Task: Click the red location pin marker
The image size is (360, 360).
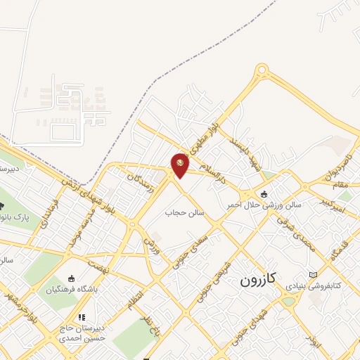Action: [180, 165]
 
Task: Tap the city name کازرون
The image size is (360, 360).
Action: [258, 280]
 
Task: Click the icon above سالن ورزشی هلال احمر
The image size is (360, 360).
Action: [264, 194]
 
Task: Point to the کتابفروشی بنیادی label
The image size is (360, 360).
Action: [335, 286]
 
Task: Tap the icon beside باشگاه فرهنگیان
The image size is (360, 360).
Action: [70, 278]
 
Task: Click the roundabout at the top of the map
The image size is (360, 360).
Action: [262, 70]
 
